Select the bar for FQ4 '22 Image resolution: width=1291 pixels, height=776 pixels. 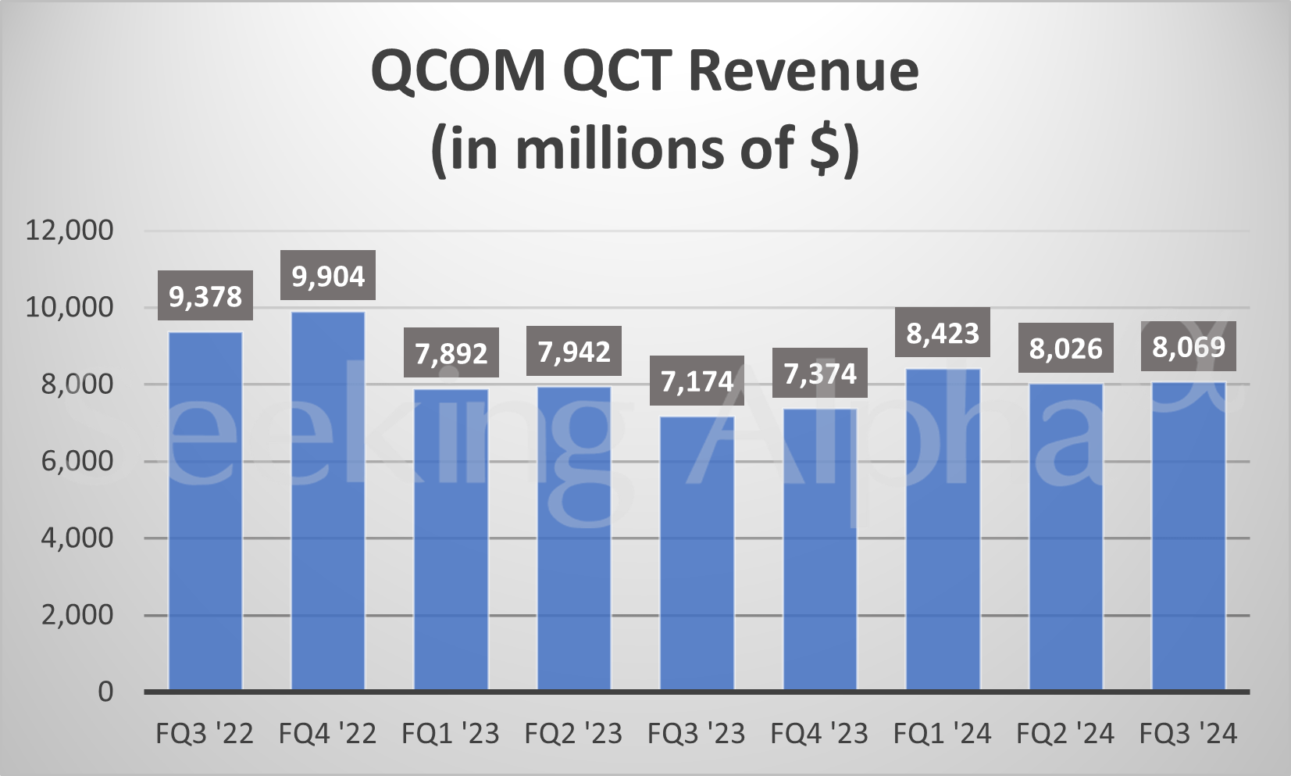[328, 500]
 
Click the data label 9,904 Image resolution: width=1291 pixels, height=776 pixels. [328, 276]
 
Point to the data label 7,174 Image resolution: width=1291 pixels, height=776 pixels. [697, 381]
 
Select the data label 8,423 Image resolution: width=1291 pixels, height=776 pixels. [943, 334]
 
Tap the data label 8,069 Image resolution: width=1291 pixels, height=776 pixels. [1189, 346]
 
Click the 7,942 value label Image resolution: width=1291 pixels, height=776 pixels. [574, 352]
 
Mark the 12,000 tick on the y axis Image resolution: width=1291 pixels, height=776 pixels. [70, 231]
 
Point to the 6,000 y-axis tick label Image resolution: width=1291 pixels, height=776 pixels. [77, 461]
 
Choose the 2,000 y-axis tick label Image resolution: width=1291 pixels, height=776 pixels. [77, 615]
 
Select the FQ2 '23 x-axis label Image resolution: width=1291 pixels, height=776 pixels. [573, 734]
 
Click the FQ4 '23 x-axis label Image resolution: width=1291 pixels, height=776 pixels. [819, 734]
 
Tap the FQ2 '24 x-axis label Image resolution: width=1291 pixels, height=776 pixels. [1065, 734]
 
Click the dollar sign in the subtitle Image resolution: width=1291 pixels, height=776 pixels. [825, 148]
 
